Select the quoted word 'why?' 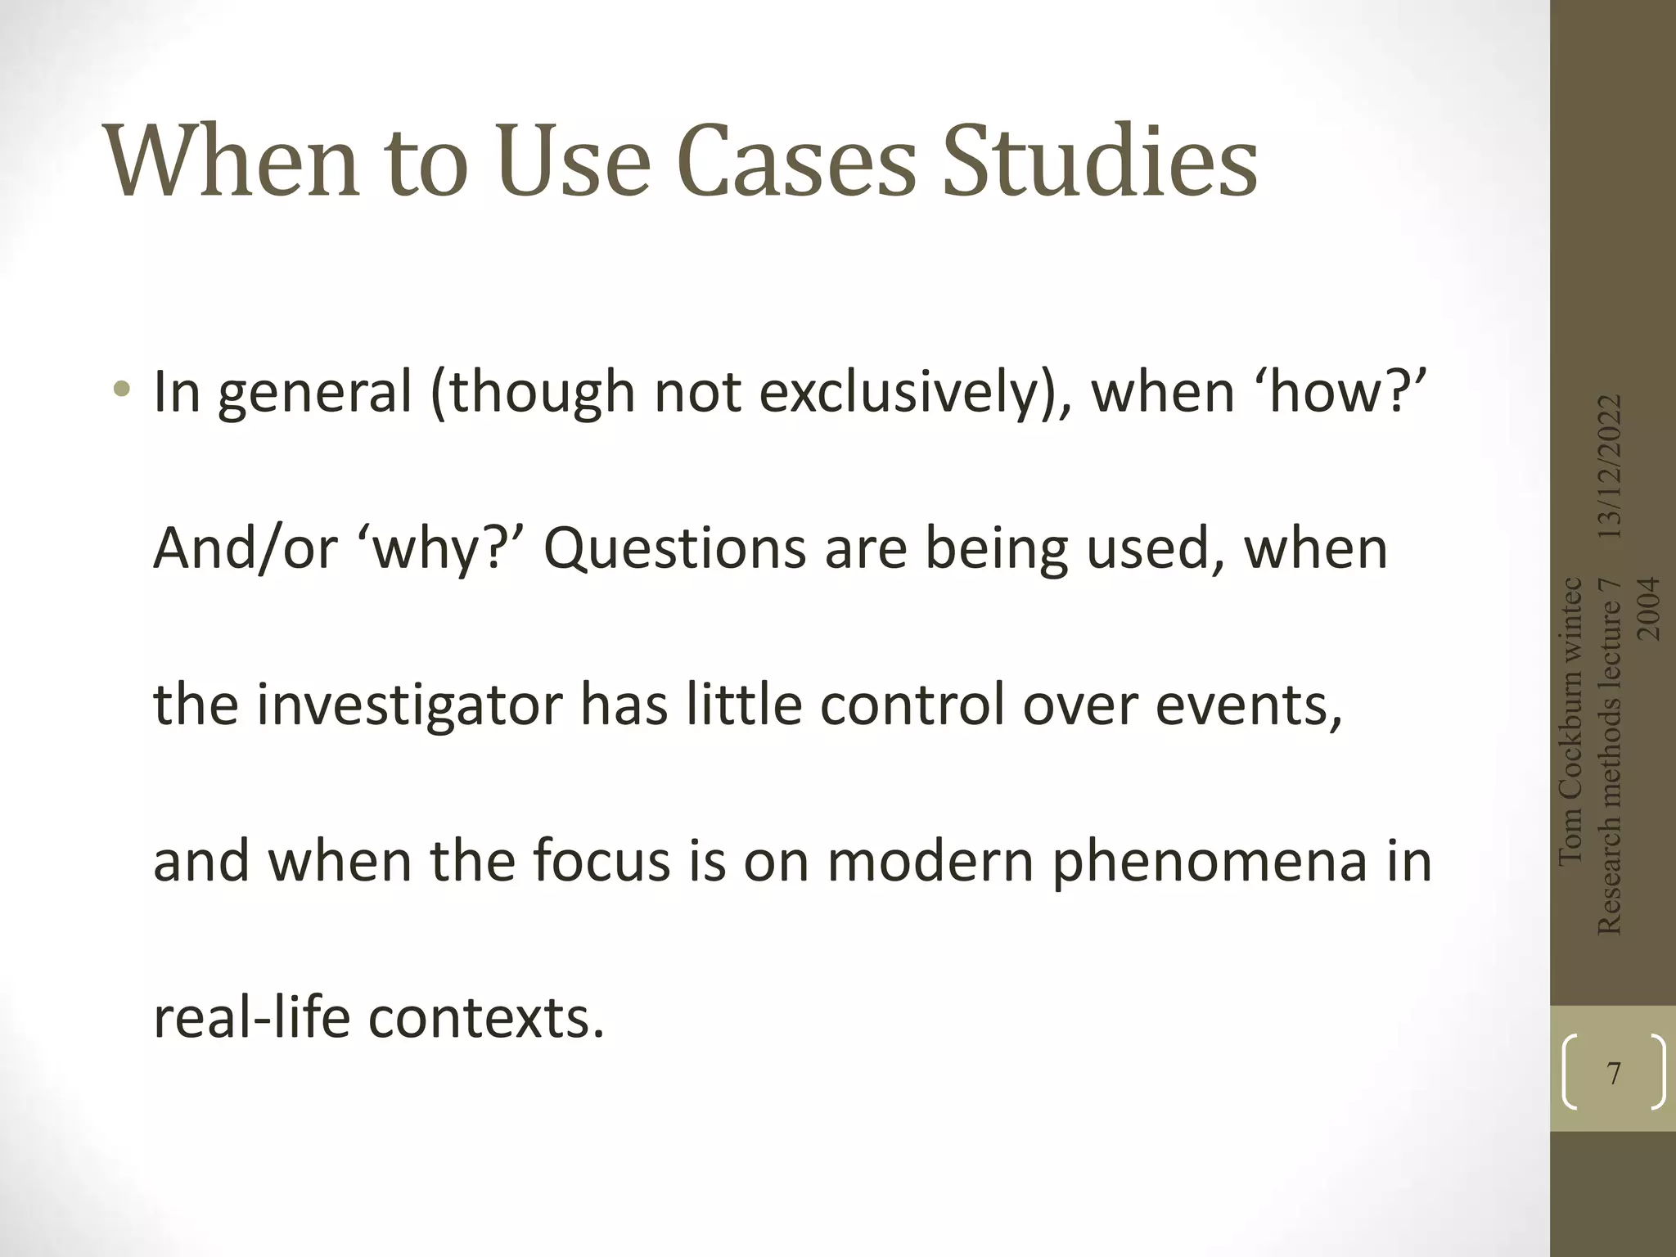(441, 548)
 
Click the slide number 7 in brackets (1613, 1073)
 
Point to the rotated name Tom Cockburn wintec (1571, 720)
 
